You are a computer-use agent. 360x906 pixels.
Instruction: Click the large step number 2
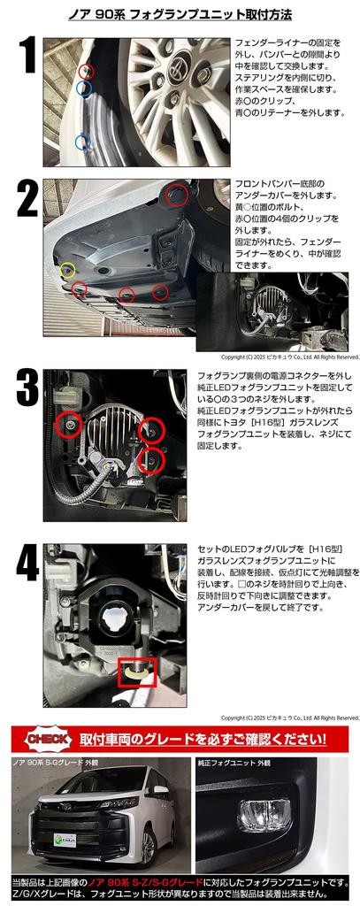27,199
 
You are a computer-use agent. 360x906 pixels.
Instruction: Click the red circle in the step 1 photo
86,71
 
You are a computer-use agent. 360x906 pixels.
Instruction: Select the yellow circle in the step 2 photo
67,269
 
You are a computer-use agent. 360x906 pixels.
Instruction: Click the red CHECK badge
50,739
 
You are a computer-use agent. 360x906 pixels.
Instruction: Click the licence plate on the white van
65,839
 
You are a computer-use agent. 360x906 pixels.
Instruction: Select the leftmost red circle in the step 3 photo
68,426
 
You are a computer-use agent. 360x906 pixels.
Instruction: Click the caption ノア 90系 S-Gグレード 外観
56,763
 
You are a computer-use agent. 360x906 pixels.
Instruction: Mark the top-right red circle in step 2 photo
177,195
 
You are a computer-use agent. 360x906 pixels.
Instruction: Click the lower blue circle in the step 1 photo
83,142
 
